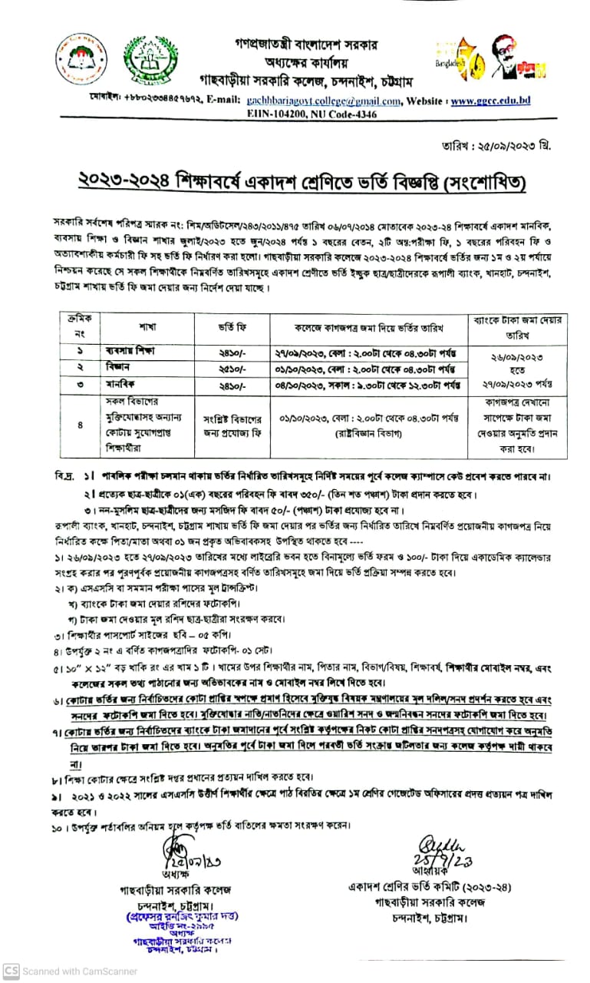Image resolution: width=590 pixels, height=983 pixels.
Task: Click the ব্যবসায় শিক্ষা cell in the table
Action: (137, 351)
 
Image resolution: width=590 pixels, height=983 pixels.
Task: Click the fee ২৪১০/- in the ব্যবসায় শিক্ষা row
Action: (232, 352)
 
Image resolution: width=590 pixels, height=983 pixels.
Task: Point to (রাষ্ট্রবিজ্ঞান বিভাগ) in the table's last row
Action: (377, 432)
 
